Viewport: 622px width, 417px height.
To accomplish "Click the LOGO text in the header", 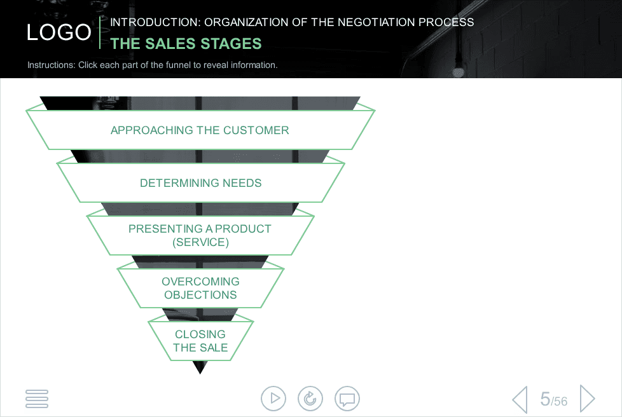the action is [59, 32].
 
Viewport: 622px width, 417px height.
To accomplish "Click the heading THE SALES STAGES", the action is [186, 44].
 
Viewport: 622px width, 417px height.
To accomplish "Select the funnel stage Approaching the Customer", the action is [200, 130].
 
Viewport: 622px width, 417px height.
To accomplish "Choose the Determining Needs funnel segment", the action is [200, 182].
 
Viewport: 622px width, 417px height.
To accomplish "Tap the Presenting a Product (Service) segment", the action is [200, 235].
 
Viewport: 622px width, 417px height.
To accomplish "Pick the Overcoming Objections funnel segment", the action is [200, 288].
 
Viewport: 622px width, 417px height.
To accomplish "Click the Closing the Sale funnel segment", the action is [200, 341].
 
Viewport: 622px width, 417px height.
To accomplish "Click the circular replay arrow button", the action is [310, 399].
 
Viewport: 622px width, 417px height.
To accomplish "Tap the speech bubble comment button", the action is [347, 399].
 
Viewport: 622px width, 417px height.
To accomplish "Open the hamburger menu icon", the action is [37, 399].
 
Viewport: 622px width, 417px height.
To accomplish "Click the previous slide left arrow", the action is [520, 399].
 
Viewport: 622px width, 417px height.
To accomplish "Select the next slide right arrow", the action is [588, 399].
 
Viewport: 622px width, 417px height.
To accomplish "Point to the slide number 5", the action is [545, 399].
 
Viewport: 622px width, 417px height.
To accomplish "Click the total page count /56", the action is [559, 401].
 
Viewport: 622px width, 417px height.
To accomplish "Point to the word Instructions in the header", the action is [51, 65].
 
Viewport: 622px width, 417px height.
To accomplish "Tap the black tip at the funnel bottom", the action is [200, 367].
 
